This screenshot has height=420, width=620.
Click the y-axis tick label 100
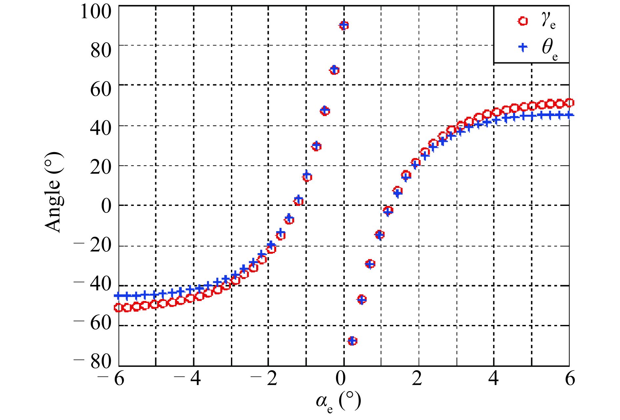pyautogui.click(x=96, y=12)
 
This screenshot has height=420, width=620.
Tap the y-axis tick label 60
pyautogui.click(x=101, y=89)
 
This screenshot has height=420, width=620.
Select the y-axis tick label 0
pyautogui.click(x=106, y=206)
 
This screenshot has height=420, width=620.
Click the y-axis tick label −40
pyautogui.click(x=93, y=284)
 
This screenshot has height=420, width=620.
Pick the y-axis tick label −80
pyautogui.click(x=93, y=362)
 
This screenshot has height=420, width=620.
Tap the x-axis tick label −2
pyautogui.click(x=264, y=379)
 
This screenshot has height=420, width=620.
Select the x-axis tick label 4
pyautogui.click(x=493, y=379)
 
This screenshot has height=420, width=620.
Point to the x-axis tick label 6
pyautogui.click(x=570, y=379)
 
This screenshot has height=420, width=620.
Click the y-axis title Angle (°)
pyautogui.click(x=53, y=192)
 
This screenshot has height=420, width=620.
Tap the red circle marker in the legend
pyautogui.click(x=523, y=21)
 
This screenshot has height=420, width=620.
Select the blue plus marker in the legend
pyautogui.click(x=523, y=47)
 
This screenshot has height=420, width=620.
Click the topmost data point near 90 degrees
pyautogui.click(x=344, y=25)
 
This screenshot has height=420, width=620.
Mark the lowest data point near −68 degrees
pyautogui.click(x=352, y=341)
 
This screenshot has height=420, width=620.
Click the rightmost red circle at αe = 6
pyautogui.click(x=569, y=103)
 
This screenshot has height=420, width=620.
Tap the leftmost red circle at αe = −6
pyautogui.click(x=118, y=308)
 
